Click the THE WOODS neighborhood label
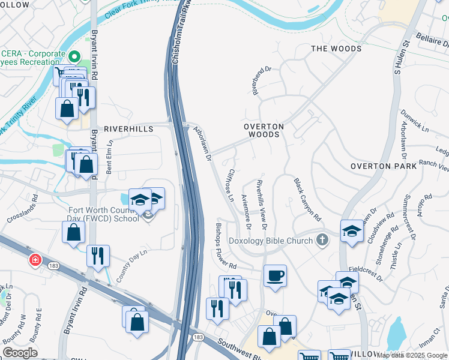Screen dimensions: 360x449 point(334,48)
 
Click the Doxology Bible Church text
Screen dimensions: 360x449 point(271,241)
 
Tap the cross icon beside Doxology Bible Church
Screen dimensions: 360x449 point(322,241)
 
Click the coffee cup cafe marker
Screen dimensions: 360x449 point(275,276)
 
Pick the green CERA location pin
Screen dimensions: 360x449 point(74,58)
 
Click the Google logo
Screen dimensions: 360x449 point(20,352)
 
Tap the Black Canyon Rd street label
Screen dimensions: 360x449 point(307,199)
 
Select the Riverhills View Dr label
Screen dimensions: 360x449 point(261,204)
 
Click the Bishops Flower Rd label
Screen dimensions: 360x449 point(226,246)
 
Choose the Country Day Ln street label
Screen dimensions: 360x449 point(131,267)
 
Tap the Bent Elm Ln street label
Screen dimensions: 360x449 point(109,158)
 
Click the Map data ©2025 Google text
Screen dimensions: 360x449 point(412,355)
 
